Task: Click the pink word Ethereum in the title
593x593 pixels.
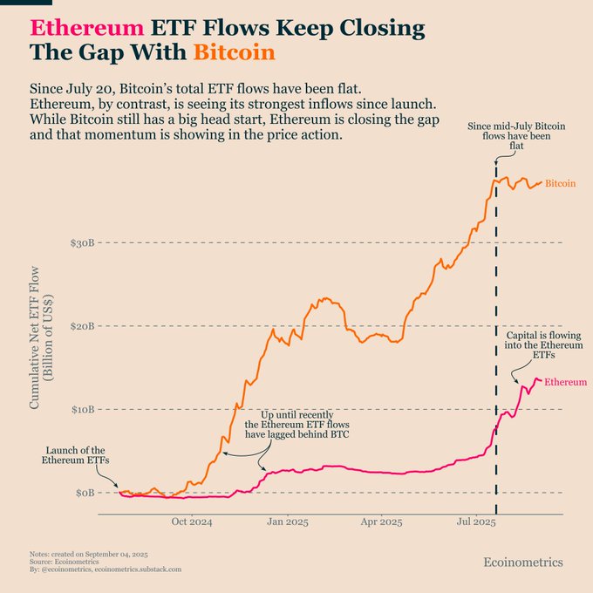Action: pyautogui.click(x=87, y=28)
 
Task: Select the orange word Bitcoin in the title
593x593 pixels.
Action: pyautogui.click(x=234, y=52)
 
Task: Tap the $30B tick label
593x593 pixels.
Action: pyautogui.click(x=82, y=242)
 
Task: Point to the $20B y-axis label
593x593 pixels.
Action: pyautogui.click(x=82, y=326)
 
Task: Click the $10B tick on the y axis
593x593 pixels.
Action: pyautogui.click(x=83, y=410)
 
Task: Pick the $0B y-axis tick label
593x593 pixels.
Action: pyautogui.click(x=85, y=493)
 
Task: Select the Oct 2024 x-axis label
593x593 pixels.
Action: pyautogui.click(x=192, y=521)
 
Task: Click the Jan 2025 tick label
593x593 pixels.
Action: pyautogui.click(x=288, y=521)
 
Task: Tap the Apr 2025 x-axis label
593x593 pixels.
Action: pyautogui.click(x=381, y=521)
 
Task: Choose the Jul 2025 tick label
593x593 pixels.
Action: pyautogui.click(x=476, y=521)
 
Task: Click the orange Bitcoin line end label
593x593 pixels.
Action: pyautogui.click(x=560, y=183)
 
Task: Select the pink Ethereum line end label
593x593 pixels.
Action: pyautogui.click(x=565, y=382)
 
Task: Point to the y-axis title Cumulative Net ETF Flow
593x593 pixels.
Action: pyautogui.click(x=34, y=337)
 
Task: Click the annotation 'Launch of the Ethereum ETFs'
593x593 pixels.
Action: pyautogui.click(x=75, y=455)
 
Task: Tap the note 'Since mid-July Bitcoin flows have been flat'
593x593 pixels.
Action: pyautogui.click(x=516, y=136)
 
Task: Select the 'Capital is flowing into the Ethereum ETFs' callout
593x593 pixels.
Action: pyautogui.click(x=544, y=345)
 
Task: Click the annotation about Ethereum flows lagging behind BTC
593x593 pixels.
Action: pyautogui.click(x=296, y=425)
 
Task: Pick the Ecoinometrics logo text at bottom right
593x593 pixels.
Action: pyautogui.click(x=523, y=562)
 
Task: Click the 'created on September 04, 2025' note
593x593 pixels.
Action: pyautogui.click(x=89, y=555)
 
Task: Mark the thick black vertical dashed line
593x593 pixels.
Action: pyautogui.click(x=496, y=338)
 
